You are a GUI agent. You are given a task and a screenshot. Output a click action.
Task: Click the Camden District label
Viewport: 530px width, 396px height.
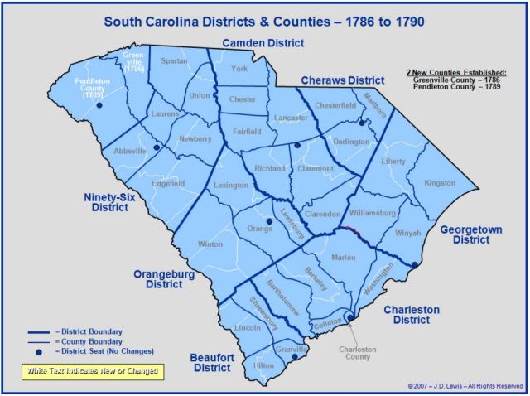coord(263,43)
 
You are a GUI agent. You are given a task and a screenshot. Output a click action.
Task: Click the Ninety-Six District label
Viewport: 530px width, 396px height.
coord(110,203)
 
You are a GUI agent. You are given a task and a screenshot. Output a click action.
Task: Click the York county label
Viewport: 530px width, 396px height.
coord(241,69)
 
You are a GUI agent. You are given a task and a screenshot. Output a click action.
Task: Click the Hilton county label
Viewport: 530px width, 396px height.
coord(263,365)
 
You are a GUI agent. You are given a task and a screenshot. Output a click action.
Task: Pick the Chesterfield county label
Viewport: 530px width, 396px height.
coord(335,107)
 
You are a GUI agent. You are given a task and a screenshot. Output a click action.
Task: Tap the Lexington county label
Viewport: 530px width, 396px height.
coord(231,186)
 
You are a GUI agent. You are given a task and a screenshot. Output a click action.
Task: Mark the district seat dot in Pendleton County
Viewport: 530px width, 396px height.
coord(99,105)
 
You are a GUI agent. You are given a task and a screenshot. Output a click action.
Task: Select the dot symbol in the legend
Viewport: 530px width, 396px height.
coord(40,351)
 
